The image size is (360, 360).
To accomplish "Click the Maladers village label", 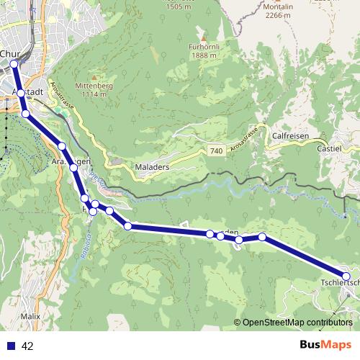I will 150,167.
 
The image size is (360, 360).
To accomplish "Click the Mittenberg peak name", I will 99,84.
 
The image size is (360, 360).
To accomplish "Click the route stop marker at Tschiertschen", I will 346,276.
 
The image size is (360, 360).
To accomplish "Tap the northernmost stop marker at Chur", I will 14,64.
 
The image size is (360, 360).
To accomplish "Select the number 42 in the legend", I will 28,346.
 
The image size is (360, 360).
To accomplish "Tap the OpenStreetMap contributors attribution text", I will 297,323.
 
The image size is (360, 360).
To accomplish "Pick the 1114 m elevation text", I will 99,94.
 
